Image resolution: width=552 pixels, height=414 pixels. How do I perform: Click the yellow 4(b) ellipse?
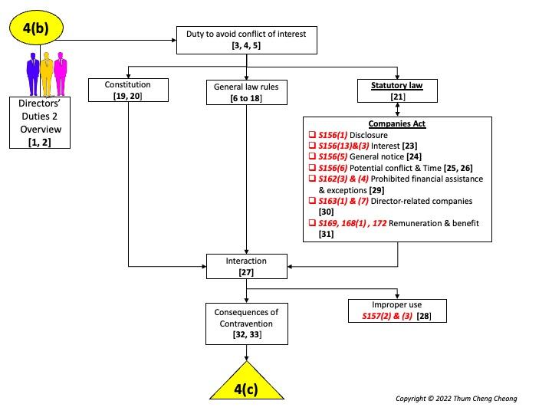(x=36, y=28)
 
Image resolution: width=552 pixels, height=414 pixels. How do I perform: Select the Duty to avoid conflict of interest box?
(x=245, y=40)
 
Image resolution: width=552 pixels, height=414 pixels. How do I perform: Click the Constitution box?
(x=128, y=90)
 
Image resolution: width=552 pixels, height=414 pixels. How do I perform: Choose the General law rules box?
(x=245, y=91)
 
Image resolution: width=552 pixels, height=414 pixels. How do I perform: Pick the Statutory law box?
(x=397, y=90)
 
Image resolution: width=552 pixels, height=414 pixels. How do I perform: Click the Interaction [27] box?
(x=245, y=266)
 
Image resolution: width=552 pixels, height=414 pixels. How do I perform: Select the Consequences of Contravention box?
(x=245, y=323)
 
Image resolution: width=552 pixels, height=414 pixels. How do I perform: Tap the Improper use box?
(x=397, y=310)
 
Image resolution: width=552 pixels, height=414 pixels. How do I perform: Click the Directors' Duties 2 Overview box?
(x=40, y=123)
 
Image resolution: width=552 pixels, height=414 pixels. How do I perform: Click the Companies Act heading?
(x=397, y=124)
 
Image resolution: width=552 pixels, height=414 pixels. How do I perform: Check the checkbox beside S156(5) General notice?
(x=313, y=156)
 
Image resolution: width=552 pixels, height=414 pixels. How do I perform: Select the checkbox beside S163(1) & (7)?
(x=313, y=201)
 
